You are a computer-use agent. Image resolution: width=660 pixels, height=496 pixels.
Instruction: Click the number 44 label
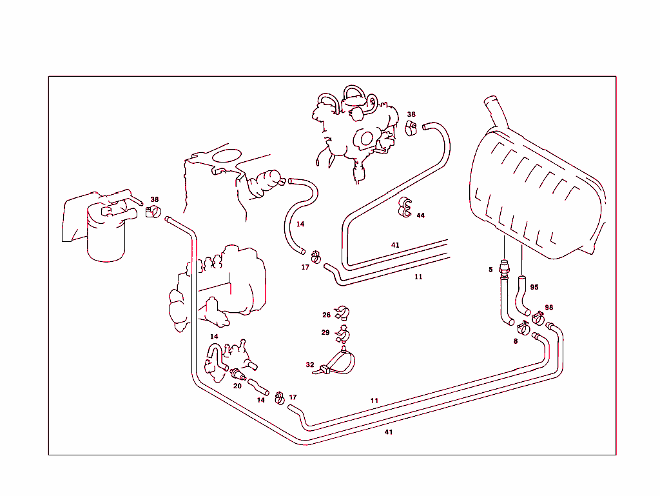(x=420, y=215)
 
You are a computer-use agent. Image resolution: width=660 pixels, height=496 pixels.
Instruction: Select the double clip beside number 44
(x=405, y=207)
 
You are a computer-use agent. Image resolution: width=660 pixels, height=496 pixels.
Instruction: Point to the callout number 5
(x=490, y=270)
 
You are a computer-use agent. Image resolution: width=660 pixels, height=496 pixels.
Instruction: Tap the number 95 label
(x=534, y=287)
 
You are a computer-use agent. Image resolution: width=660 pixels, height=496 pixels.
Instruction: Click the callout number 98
(x=548, y=308)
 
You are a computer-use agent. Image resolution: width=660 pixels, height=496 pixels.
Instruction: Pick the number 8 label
(x=515, y=341)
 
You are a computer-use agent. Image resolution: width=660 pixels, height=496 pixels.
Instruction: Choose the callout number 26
(x=326, y=315)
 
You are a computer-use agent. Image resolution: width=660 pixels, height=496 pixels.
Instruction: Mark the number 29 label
(x=325, y=332)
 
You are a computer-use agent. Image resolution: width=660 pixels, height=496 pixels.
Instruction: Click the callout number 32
(x=310, y=364)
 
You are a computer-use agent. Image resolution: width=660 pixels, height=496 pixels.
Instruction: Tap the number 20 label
(x=237, y=386)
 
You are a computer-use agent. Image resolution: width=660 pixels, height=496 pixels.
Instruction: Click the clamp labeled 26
(x=342, y=313)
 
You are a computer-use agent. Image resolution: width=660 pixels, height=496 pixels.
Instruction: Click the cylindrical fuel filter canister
(x=106, y=239)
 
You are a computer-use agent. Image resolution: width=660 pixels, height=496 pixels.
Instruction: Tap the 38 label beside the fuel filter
(x=155, y=199)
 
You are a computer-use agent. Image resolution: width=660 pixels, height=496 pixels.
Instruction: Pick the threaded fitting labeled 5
(x=503, y=266)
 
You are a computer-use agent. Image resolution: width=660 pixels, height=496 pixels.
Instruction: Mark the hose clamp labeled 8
(x=525, y=329)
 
